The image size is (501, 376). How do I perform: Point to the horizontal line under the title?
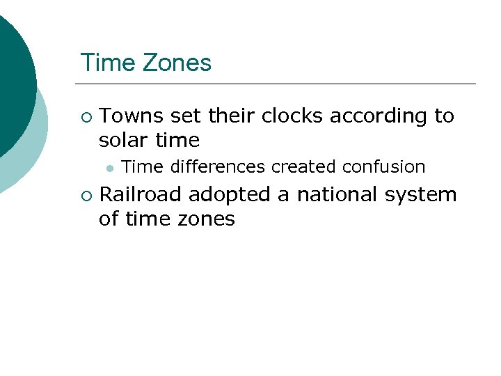[x=278, y=84]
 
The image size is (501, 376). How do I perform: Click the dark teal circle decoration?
[x=10, y=77]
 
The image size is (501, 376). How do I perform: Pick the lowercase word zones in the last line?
[x=207, y=219]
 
